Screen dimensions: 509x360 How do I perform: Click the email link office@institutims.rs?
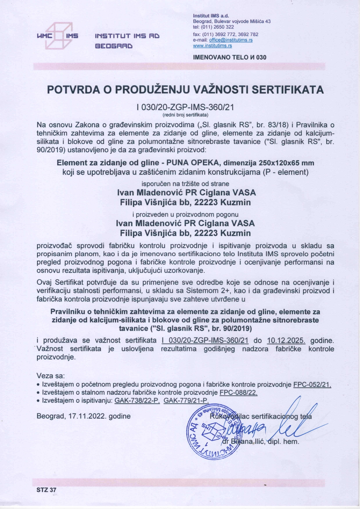(231, 40)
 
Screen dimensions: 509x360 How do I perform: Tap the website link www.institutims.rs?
(212, 46)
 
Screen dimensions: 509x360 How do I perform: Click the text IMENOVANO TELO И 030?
(229, 57)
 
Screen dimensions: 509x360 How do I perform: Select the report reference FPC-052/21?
(312, 385)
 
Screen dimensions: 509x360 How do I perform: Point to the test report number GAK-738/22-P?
(137, 400)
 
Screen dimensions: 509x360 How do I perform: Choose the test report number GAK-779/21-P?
(186, 400)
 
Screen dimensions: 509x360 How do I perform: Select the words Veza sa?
(51, 376)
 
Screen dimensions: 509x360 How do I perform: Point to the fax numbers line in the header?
(226, 34)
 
